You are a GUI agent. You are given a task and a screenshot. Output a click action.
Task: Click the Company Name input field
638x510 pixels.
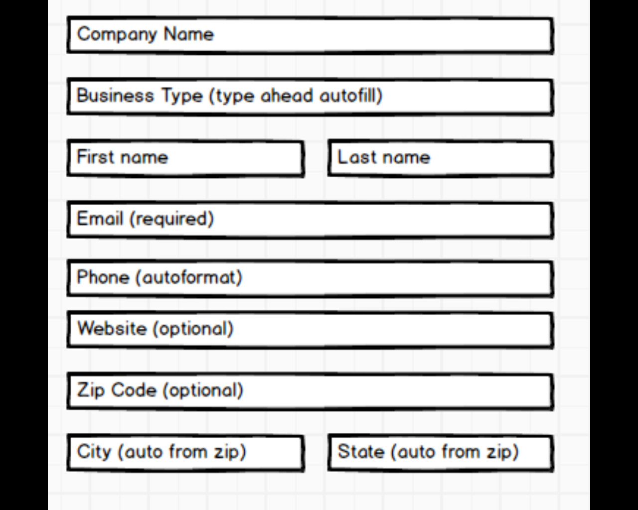click(310, 35)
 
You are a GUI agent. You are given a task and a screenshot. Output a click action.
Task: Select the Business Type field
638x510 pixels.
click(310, 97)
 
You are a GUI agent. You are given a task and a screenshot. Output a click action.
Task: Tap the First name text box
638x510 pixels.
click(185, 158)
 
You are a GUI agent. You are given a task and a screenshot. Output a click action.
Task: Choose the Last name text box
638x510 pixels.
click(441, 158)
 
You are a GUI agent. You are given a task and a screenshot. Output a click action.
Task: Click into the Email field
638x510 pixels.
click(310, 220)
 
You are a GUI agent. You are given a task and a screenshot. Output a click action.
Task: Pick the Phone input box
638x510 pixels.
click(310, 278)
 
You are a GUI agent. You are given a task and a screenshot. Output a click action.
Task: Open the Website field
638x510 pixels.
click(310, 330)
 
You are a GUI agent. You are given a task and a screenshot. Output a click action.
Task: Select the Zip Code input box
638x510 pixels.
click(310, 391)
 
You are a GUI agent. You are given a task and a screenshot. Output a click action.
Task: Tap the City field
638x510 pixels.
click(185, 453)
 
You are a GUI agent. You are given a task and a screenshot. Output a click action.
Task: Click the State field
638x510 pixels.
click(441, 453)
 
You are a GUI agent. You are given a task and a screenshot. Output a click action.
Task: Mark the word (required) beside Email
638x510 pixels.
click(171, 219)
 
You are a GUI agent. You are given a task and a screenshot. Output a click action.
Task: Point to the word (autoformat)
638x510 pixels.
click(189, 278)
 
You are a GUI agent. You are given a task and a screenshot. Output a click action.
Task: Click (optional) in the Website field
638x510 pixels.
click(193, 329)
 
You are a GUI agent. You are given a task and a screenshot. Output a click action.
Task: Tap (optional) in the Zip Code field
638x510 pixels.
click(203, 390)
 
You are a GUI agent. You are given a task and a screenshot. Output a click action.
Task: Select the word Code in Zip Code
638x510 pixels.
click(134, 389)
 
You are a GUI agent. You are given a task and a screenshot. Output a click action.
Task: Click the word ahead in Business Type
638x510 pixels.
click(287, 96)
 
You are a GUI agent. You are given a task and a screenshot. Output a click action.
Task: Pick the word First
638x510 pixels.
click(95, 156)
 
